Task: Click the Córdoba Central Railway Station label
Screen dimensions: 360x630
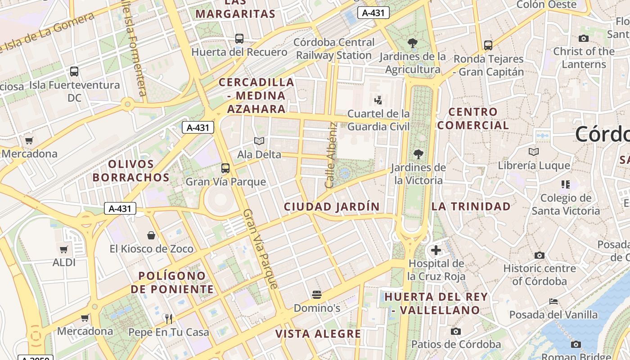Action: [x=334, y=49]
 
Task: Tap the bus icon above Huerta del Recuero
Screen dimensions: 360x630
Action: [x=239, y=39]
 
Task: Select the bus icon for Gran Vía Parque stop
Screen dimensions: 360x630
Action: [x=225, y=168]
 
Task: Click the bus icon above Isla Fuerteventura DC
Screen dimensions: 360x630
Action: [x=74, y=71]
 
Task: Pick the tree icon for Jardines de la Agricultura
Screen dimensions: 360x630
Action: [x=412, y=43]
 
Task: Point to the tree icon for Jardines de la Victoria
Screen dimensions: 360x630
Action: [x=418, y=154]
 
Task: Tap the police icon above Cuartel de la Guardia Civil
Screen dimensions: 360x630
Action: [x=378, y=100]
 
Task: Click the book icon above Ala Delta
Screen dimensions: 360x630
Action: [x=259, y=141]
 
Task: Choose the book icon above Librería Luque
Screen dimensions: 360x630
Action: [x=534, y=152]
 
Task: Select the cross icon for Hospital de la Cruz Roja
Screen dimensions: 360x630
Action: [x=436, y=250]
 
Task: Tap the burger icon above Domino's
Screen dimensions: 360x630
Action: [x=317, y=295]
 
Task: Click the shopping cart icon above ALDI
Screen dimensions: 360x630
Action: [x=64, y=249]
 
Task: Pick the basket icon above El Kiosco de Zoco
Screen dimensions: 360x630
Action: [x=151, y=235]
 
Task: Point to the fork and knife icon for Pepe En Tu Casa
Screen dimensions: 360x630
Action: [x=169, y=319]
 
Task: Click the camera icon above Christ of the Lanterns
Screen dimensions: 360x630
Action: [x=584, y=38]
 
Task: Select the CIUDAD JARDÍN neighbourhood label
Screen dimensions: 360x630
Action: [x=332, y=207]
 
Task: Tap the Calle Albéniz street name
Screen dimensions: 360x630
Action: [x=331, y=155]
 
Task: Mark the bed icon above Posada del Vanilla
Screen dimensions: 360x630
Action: [x=553, y=301]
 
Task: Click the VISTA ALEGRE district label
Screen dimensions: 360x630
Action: [x=318, y=334]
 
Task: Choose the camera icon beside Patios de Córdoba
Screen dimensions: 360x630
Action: [x=456, y=332]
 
